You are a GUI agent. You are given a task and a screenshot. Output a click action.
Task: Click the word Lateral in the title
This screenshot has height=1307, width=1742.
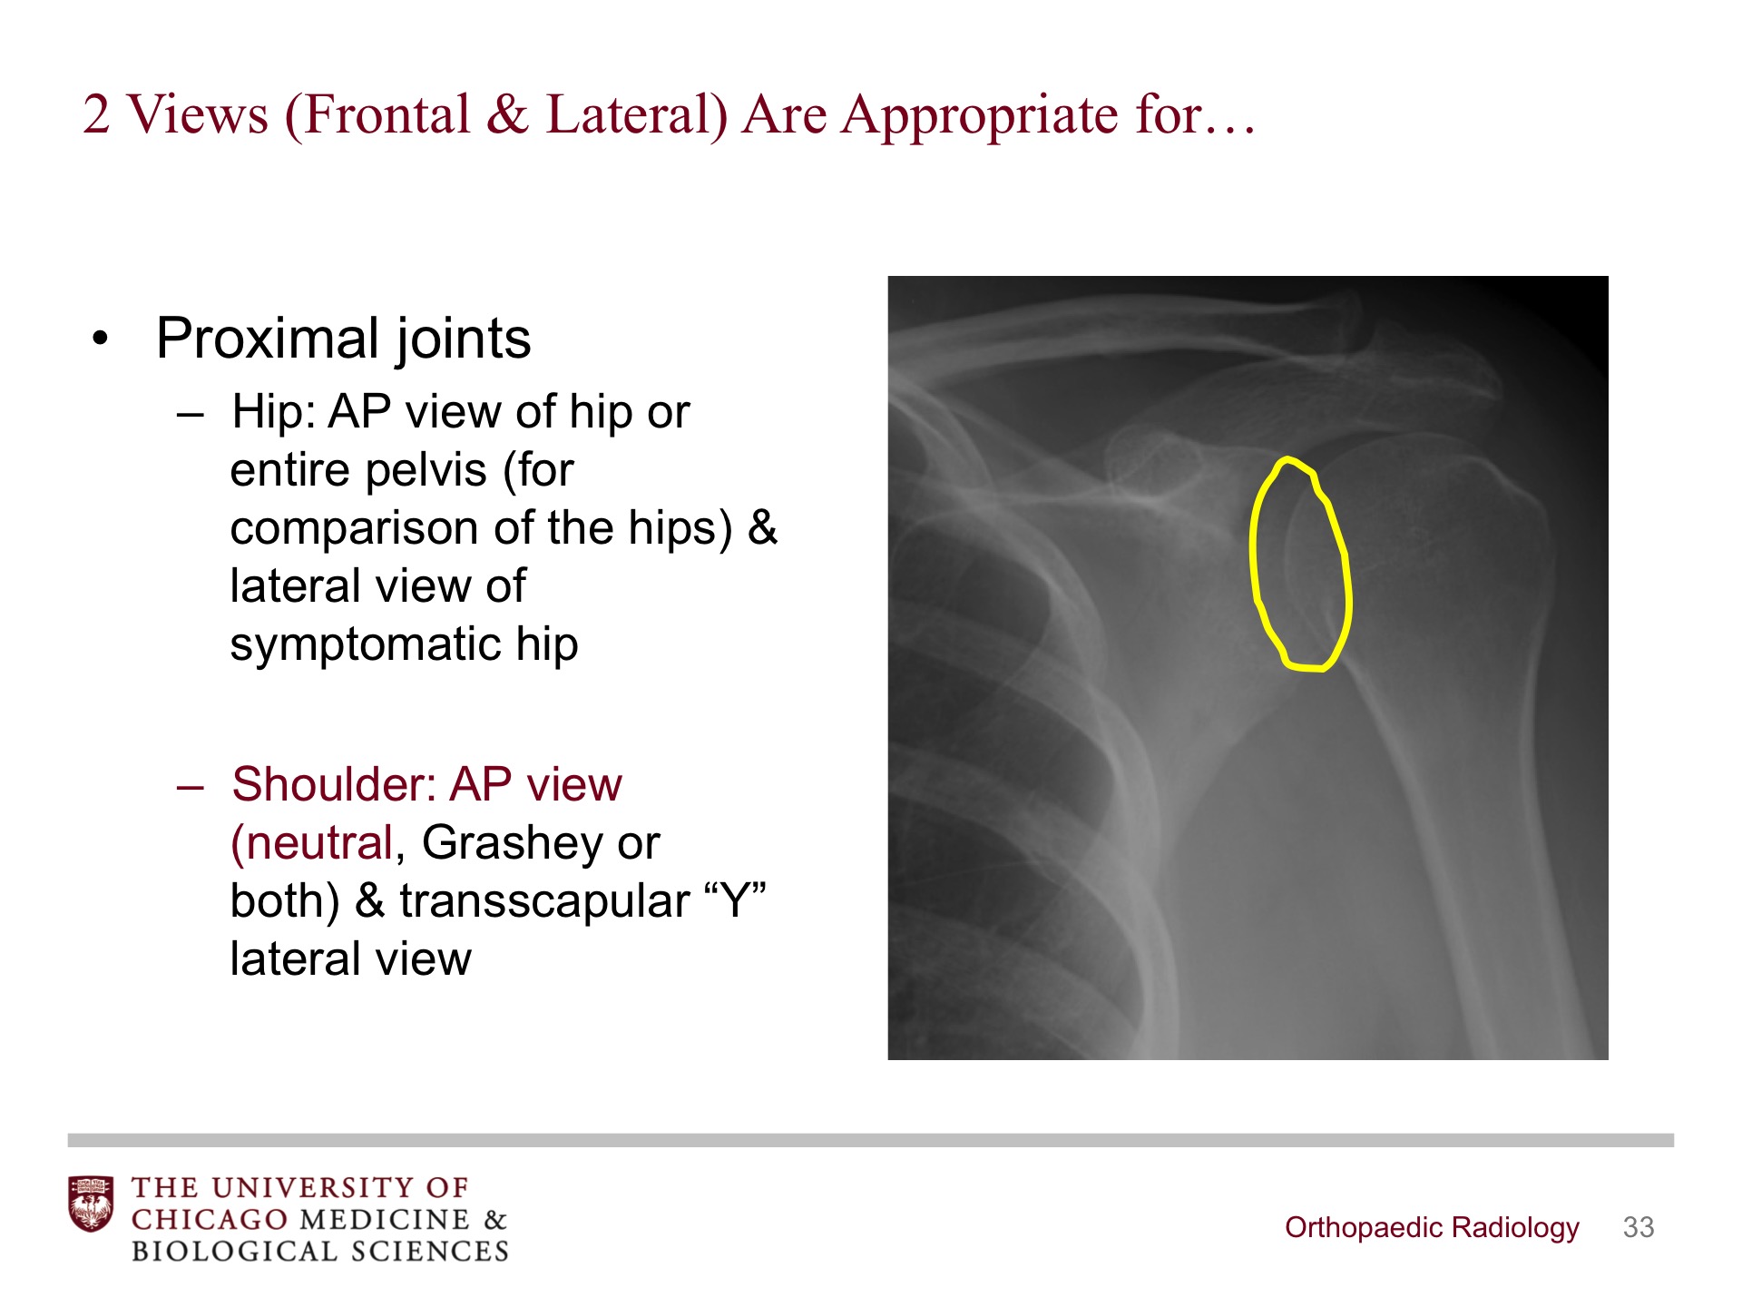[x=636, y=115]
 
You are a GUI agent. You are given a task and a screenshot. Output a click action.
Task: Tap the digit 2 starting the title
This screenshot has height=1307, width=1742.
[x=96, y=115]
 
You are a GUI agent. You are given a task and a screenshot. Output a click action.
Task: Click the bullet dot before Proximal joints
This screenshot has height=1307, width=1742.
[x=101, y=339]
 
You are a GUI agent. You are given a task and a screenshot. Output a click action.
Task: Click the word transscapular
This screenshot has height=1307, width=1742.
[x=544, y=901]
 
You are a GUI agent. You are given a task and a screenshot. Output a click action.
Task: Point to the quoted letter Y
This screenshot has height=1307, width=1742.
[x=736, y=899]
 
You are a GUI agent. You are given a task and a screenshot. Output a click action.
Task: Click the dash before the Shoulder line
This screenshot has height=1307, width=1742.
[x=191, y=786]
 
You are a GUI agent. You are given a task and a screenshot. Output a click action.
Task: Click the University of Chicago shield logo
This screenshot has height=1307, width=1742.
[x=91, y=1204]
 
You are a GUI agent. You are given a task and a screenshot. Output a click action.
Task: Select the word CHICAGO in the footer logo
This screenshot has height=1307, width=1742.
[x=210, y=1220]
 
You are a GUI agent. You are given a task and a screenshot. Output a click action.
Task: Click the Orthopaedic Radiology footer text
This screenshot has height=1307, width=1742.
[x=1432, y=1228]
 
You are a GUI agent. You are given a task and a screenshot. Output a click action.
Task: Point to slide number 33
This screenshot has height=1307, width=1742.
[x=1639, y=1228]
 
